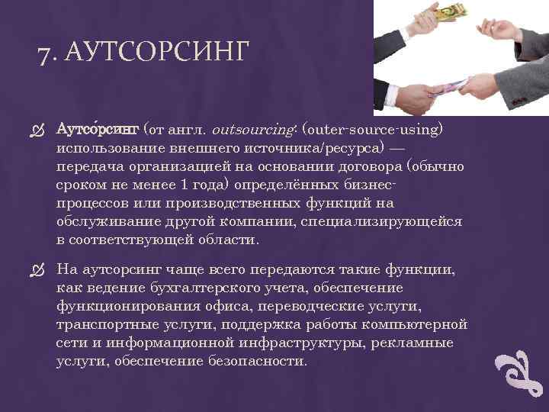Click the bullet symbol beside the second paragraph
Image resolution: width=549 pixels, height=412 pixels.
pyautogui.click(x=41, y=270)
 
